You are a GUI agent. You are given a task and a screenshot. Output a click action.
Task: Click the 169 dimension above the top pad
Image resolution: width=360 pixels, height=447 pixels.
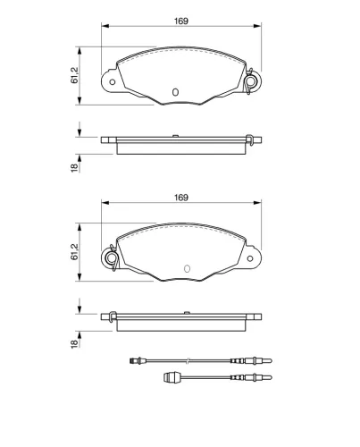point(181,21)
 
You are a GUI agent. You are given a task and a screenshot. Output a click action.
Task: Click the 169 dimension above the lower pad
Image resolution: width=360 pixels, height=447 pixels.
point(181,198)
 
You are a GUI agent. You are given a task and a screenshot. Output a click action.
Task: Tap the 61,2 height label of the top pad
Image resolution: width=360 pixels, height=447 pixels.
point(74,75)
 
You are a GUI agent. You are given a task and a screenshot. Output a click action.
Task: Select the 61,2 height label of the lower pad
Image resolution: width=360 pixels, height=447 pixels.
point(74,252)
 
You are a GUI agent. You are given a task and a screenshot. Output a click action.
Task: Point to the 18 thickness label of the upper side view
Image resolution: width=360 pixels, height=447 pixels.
point(74,168)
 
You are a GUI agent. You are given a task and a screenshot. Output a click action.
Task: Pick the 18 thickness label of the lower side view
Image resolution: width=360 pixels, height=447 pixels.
point(74,343)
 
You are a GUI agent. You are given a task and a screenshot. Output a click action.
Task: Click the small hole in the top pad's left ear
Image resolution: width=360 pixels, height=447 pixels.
point(113,82)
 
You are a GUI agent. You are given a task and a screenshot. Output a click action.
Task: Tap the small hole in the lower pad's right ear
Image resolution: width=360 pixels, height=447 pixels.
point(250,258)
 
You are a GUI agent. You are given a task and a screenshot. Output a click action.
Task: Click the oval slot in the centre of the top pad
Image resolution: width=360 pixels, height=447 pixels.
point(175,92)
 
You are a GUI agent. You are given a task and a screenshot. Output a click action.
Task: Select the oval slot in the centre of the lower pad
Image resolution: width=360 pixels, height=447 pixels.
point(187,268)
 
